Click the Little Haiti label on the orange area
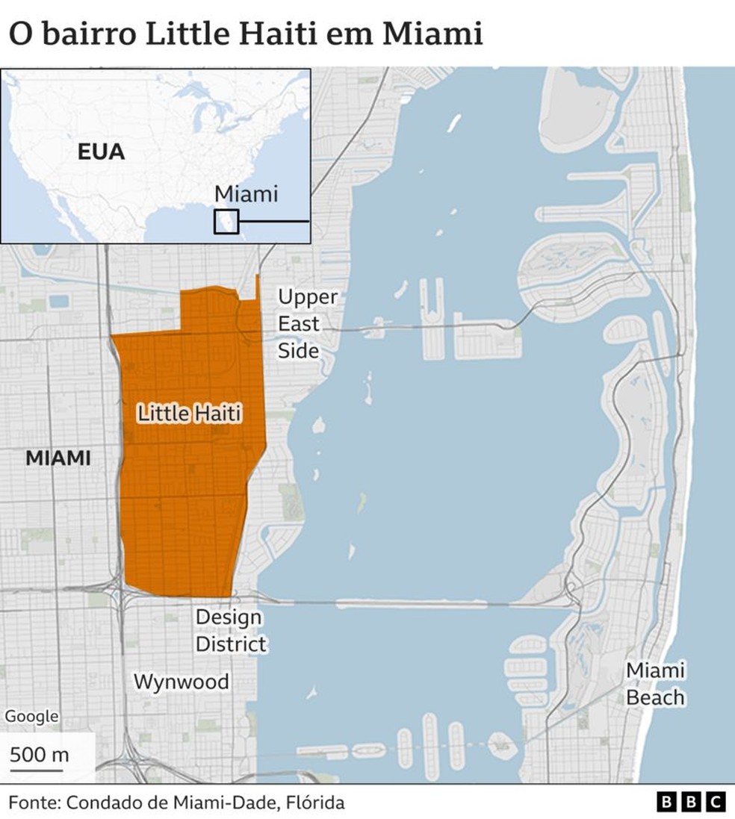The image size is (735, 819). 190,414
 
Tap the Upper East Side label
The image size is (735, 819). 307,324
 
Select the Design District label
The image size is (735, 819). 230,631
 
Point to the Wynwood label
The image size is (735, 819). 182,682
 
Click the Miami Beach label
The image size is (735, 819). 655,684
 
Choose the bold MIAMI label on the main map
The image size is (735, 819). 58,458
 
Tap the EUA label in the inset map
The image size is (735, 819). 101,153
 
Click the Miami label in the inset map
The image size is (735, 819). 246,194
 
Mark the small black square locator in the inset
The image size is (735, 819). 226,222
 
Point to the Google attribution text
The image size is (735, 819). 31,717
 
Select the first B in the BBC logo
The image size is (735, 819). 666,803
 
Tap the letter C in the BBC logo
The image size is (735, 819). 715,803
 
